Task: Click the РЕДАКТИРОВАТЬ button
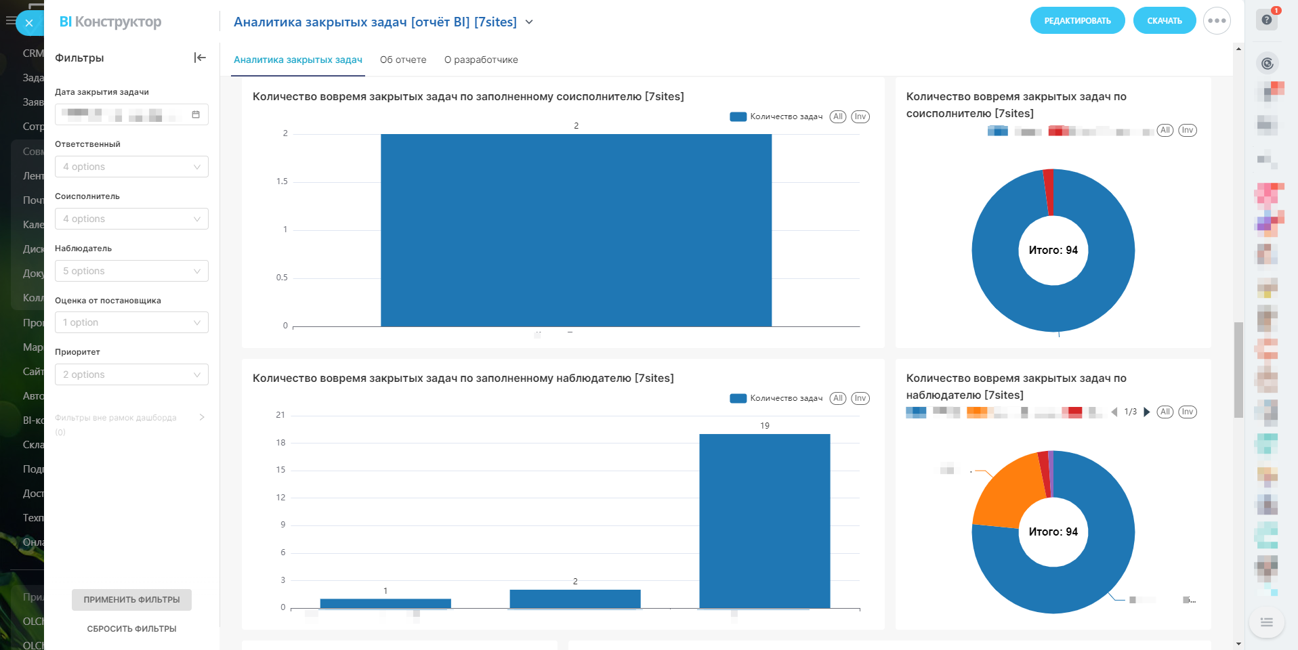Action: click(1077, 21)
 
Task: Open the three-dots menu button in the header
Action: click(1217, 21)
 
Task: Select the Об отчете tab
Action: click(403, 60)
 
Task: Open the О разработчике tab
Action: click(481, 60)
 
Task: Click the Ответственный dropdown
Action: click(131, 167)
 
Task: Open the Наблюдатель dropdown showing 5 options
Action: click(131, 271)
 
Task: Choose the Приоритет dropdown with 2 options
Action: click(131, 374)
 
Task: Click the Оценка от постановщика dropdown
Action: click(131, 322)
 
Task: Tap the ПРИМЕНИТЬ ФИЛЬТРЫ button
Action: click(131, 600)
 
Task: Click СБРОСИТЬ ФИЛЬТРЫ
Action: click(131, 629)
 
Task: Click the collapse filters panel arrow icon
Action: click(200, 58)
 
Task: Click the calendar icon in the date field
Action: click(196, 114)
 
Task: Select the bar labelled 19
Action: click(764, 521)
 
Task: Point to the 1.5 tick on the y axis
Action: click(282, 181)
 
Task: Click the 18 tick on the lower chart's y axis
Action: click(280, 443)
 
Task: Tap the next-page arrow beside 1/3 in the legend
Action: click(1147, 412)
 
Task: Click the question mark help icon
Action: click(1267, 20)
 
